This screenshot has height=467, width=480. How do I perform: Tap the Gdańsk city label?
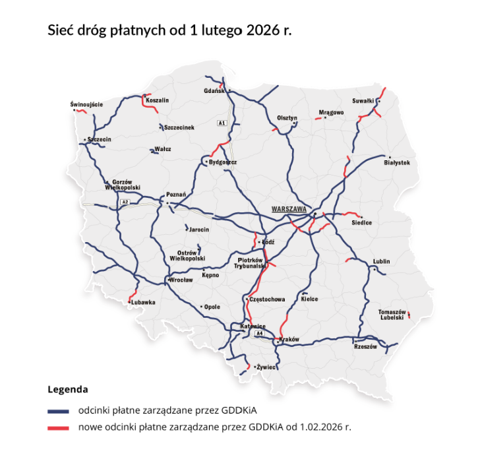[x=214, y=90]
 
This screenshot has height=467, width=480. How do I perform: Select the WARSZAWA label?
[x=289, y=209]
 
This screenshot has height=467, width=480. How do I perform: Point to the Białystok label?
[x=397, y=162]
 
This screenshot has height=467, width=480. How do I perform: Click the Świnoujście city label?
[x=86, y=104]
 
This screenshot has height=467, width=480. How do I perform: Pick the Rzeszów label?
[x=365, y=346]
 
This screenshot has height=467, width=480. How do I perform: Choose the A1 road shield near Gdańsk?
[x=222, y=123]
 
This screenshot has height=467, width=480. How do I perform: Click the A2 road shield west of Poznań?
[x=125, y=201]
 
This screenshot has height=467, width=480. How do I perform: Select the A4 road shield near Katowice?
[x=260, y=334]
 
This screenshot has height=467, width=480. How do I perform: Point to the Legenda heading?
[x=67, y=389]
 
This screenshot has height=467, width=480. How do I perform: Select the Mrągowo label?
[x=331, y=112]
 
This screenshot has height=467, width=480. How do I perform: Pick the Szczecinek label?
[x=179, y=127]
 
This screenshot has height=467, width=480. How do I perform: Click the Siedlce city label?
[x=362, y=223]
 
